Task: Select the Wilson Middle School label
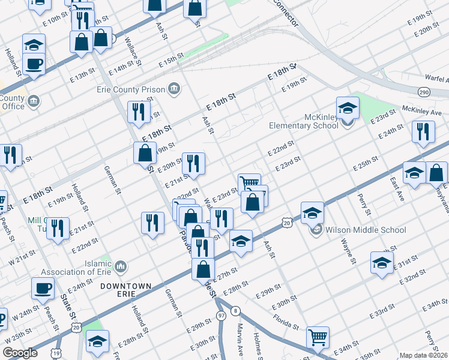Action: [x=366, y=230]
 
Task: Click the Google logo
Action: [x=20, y=353]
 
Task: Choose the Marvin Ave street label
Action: [x=240, y=338]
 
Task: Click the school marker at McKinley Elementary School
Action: [x=348, y=108]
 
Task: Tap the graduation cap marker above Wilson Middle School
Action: [x=312, y=212]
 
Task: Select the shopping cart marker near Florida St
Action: [x=317, y=337]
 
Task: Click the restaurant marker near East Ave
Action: [x=423, y=131]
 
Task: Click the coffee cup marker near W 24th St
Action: [x=43, y=289]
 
